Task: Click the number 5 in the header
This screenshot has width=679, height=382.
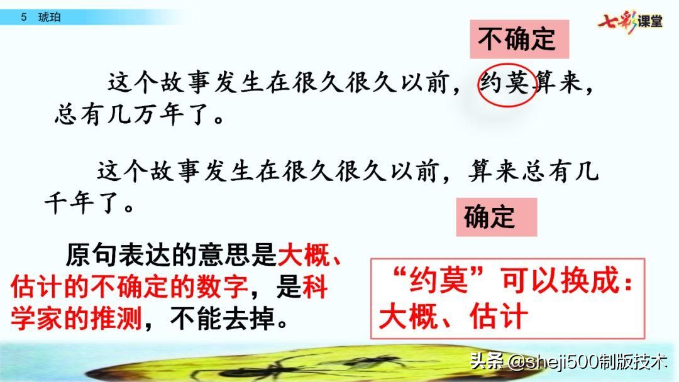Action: [23, 18]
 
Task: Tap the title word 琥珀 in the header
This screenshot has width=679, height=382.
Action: [49, 18]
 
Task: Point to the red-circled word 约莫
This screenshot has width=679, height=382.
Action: [506, 83]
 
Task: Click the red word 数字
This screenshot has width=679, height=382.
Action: [221, 288]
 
